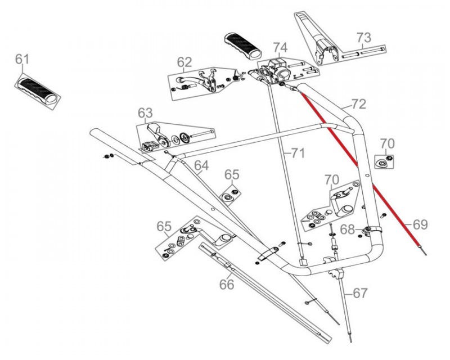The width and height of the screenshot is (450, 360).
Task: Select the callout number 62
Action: (184, 62)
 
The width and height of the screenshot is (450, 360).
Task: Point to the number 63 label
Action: (145, 111)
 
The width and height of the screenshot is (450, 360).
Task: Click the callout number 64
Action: (201, 165)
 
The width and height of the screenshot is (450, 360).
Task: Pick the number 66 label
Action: (226, 285)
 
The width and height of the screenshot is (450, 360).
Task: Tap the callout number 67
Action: (360, 293)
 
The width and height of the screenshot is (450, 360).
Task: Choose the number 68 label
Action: (348, 229)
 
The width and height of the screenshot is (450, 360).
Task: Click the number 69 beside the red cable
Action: (420, 224)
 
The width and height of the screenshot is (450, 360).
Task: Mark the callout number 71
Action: (297, 152)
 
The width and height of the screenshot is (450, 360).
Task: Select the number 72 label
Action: (358, 104)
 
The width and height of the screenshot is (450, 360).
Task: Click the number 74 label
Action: (281, 47)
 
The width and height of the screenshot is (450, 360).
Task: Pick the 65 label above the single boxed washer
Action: (232, 174)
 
